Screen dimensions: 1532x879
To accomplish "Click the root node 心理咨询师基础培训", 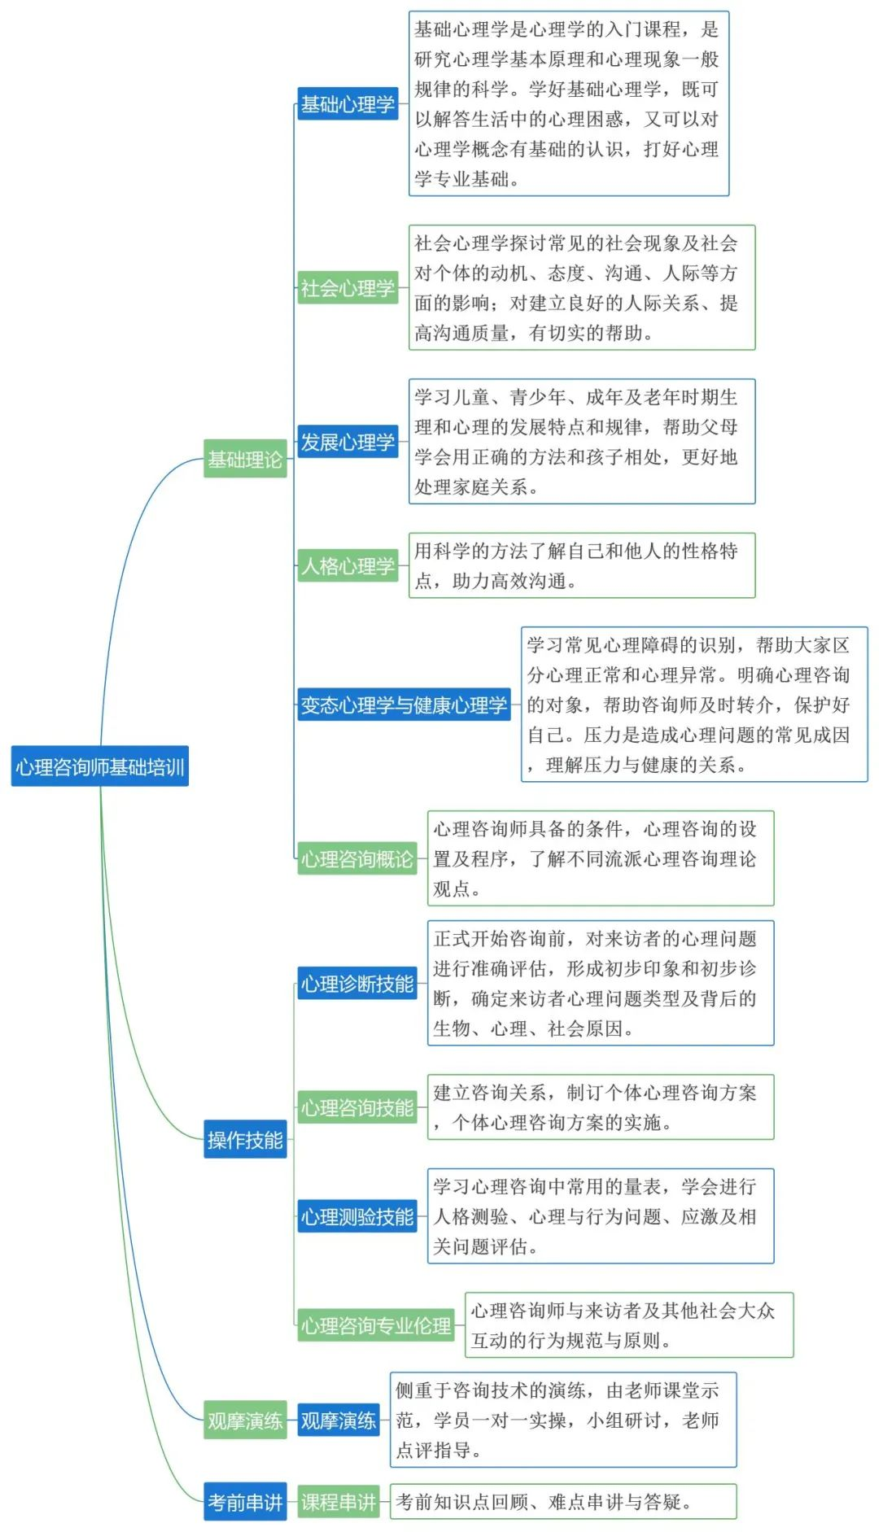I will coord(99,766).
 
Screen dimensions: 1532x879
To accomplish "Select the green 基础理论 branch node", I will coord(245,460).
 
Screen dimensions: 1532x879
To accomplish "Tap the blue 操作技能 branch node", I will coord(245,1140).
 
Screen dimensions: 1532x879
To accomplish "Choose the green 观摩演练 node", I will coord(245,1421).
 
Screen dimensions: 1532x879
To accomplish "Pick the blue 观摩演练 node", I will coord(339,1421).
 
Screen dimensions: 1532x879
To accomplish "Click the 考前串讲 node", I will coord(245,1502).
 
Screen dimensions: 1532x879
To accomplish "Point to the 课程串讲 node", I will coord(339,1502).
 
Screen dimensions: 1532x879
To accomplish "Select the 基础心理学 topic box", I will coord(348,104).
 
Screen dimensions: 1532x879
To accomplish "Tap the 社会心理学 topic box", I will coord(348,288).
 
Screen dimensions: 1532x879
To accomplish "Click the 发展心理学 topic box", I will coord(348,442).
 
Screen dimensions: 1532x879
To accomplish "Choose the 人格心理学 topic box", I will coord(348,565).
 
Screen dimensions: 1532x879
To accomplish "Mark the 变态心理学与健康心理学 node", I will coord(404,705).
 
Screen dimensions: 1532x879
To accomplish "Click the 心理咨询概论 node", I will coord(357,859).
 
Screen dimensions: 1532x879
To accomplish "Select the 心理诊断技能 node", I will coord(357,984).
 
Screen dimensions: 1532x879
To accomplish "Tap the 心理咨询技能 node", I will coord(357,1107).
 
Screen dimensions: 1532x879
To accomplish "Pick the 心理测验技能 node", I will coord(357,1216).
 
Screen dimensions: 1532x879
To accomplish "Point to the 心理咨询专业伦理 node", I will coord(376,1325).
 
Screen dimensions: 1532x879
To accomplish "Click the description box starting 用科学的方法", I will coord(581,565).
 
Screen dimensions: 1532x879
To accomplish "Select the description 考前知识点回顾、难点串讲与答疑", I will coord(563,1502).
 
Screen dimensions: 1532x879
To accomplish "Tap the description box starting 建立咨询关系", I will coord(601,1107).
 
